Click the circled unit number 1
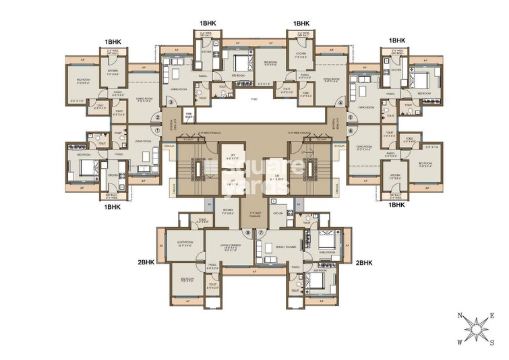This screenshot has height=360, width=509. pyautogui.click(x=158, y=131)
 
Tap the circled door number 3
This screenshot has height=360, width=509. pyautogui.click(x=171, y=102)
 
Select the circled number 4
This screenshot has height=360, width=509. pyautogui.click(x=341, y=103)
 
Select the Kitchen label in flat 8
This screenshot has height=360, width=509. pyautogui.click(x=228, y=212)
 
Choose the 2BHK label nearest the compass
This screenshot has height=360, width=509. pyautogui.click(x=364, y=262)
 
